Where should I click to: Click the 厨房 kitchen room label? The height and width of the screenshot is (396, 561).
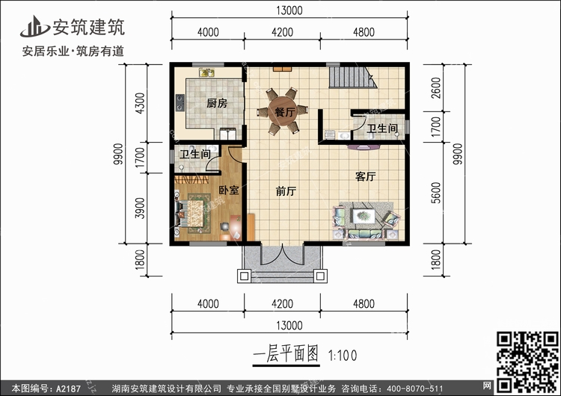tap(217, 104)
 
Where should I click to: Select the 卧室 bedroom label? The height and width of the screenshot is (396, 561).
tap(229, 191)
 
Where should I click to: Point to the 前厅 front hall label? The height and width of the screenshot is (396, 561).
tap(286, 191)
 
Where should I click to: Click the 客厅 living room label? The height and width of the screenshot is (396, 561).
tap(365, 177)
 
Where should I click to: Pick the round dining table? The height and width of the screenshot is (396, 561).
tap(282, 112)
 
